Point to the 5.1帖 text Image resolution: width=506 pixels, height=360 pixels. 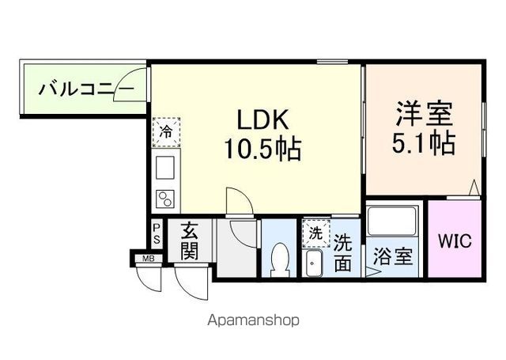pos(424,143)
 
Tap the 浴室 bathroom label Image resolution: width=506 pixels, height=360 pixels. pos(393,256)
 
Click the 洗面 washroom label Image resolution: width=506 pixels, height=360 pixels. pos(342,252)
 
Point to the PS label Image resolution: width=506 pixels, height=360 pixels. pos(157,233)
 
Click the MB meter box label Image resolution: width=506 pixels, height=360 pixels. pos(147,259)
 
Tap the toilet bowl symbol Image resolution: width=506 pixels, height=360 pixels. pos(278,259)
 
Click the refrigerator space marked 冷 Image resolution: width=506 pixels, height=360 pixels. pos(166,132)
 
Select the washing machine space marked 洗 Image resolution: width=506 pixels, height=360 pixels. pos(315,233)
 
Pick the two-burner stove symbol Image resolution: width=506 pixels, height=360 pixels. pos(166,199)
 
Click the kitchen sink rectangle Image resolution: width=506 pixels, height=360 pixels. pos(166,169)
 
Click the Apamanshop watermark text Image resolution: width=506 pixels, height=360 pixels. pos(253,321)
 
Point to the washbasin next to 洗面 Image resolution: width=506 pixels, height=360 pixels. pos(312,263)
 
